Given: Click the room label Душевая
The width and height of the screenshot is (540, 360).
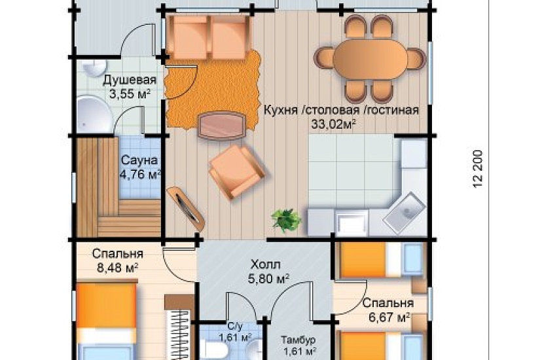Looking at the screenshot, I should point(130,81).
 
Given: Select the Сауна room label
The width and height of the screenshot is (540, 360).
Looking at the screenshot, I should point(137,159).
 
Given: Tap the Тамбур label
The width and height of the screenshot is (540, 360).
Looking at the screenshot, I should point(298,340).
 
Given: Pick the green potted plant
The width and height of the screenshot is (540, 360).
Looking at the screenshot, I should point(285,219).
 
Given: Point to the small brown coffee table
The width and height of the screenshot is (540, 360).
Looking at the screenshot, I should point(222,124).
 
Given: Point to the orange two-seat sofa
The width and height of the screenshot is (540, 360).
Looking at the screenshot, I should point(207,36).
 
